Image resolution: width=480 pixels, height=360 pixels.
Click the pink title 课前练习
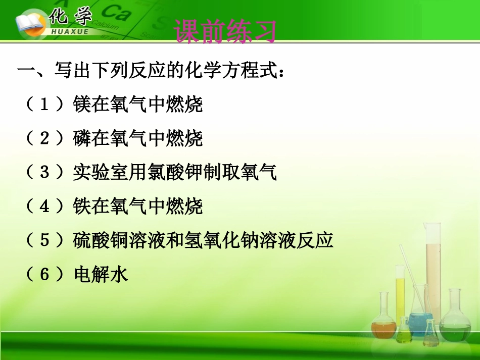(225, 31)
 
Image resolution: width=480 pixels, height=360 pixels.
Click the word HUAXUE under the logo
(70, 32)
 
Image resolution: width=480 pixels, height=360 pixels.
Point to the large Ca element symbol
(116, 13)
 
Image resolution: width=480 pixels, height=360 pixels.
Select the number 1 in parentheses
(44, 105)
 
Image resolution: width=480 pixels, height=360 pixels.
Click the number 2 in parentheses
(44, 138)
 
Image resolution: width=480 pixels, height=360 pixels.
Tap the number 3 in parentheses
(44, 172)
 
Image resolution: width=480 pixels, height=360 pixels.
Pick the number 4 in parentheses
(44, 206)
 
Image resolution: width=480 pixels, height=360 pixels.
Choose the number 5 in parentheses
(44, 240)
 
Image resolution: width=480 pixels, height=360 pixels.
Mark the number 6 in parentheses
(44, 274)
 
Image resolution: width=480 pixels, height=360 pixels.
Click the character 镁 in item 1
(82, 105)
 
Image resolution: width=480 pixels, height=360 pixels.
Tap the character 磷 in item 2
(82, 138)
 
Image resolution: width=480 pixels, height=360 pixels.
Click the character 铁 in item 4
(82, 206)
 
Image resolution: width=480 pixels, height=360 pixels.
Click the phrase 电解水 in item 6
(101, 274)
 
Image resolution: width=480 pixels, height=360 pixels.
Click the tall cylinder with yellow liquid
(400, 294)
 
